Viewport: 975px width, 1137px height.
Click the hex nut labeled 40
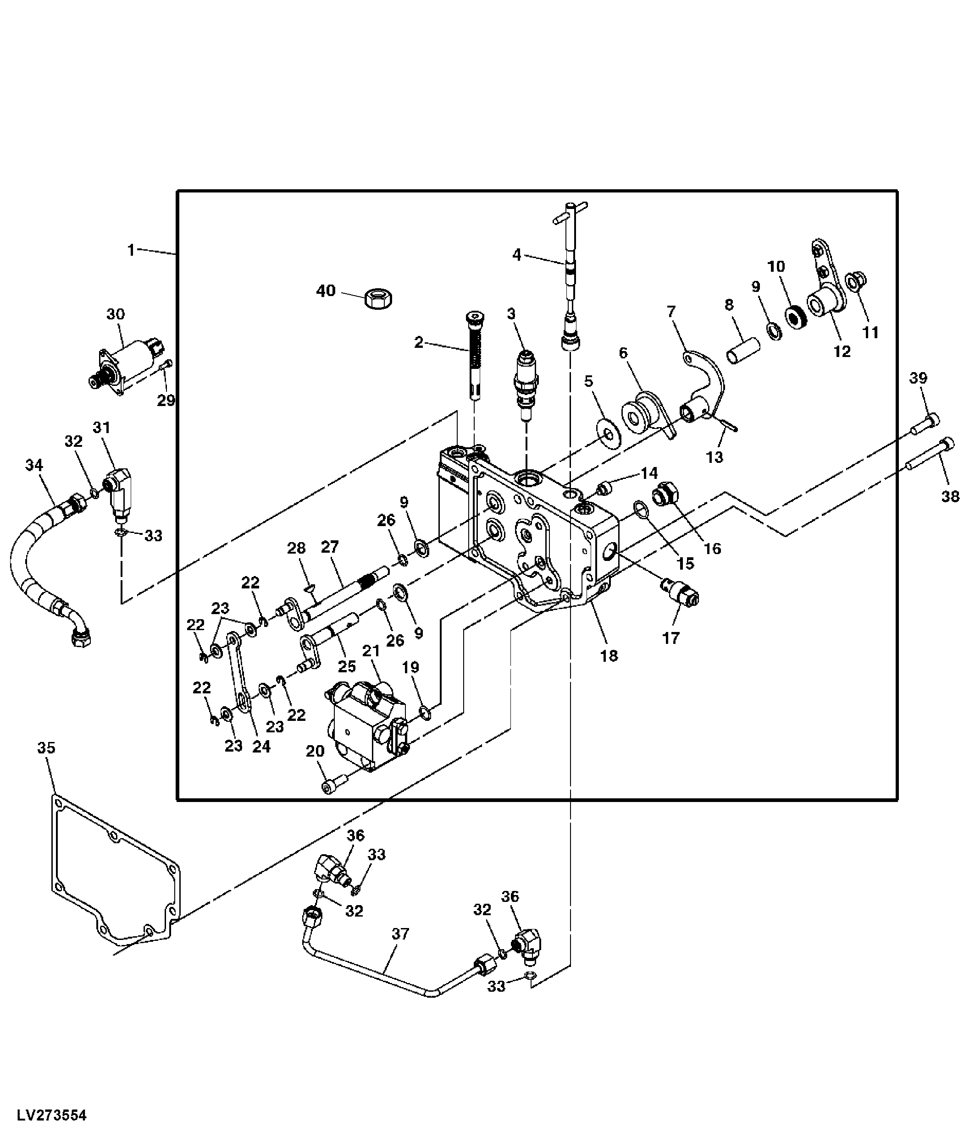click(378, 298)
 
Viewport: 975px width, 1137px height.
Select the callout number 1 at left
click(131, 250)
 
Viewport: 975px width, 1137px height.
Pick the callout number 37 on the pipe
click(400, 934)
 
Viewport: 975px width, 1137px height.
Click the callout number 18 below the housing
click(609, 655)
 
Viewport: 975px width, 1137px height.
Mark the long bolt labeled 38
click(930, 455)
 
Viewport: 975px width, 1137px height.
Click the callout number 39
click(918, 378)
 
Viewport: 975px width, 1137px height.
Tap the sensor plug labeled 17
click(681, 593)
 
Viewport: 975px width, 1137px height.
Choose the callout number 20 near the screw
click(315, 751)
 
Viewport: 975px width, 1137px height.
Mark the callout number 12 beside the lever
click(842, 351)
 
